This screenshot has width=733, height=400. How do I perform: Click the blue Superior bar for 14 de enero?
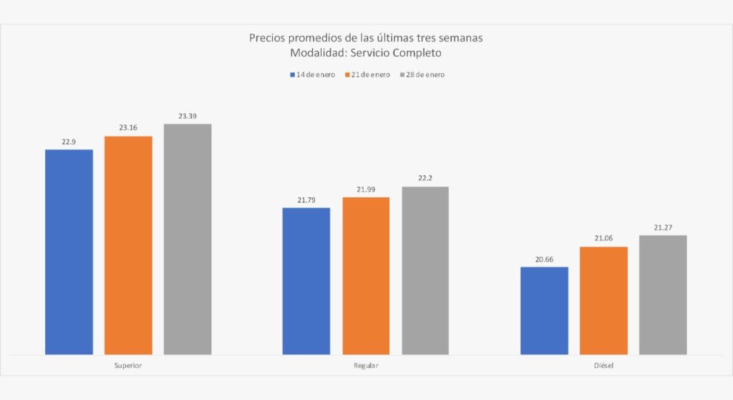click(69, 251)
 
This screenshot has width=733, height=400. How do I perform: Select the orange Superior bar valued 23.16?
click(128, 245)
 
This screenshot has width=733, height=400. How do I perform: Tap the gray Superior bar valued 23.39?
click(188, 238)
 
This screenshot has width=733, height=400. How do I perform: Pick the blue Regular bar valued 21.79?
click(306, 281)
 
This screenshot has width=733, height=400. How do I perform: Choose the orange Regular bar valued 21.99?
click(366, 275)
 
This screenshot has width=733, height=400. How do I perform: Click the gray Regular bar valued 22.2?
click(425, 270)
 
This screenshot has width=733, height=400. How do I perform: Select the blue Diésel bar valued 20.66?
click(544, 311)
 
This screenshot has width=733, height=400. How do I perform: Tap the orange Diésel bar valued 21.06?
click(603, 301)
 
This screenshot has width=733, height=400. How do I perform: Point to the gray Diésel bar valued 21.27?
click(663, 295)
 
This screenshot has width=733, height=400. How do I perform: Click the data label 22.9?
click(69, 142)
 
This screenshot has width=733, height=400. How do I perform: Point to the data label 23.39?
click(188, 116)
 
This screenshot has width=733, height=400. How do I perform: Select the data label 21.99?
click(366, 189)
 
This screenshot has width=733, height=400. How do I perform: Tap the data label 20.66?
click(544, 259)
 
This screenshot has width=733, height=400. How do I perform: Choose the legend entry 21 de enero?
click(371, 74)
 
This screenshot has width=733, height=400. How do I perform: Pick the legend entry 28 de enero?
click(425, 74)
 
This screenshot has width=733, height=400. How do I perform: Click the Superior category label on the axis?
click(128, 365)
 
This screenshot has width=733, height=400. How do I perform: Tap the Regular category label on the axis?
click(366, 365)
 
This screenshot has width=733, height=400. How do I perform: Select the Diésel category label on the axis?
click(603, 365)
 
